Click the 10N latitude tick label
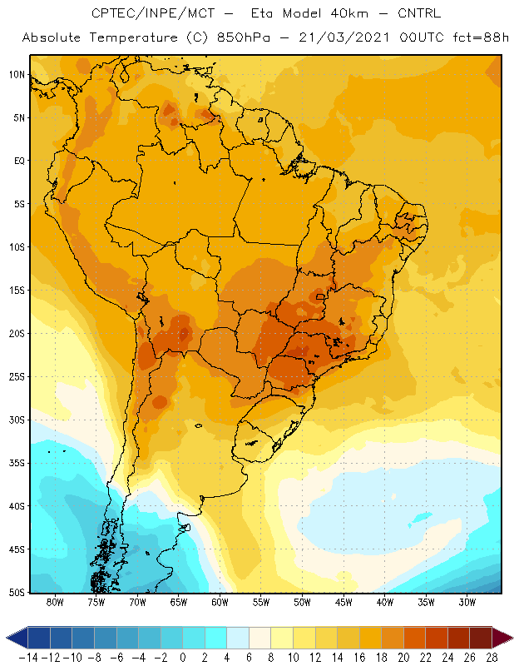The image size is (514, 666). tap(17, 75)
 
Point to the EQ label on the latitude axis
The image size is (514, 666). tap(19, 161)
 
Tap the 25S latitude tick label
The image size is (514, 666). tap(17, 377)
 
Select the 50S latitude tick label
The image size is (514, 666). tap(17, 593)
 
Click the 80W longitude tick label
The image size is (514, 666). tap(55, 602)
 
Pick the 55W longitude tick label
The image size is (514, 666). tap(261, 602)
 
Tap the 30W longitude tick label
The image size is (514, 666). tap(467, 602)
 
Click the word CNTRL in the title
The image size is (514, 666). tap(419, 13)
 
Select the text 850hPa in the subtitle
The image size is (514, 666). tap(243, 37)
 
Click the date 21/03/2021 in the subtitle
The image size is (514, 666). tap(344, 37)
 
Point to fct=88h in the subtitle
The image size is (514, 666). tap(481, 37)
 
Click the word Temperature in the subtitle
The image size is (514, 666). tap(133, 37)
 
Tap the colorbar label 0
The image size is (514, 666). tap(183, 658)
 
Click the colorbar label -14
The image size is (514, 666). tap(28, 658)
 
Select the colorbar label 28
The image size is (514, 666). tap(492, 658)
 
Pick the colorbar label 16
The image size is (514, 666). tap(359, 658)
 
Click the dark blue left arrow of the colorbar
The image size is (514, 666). tap(17, 638)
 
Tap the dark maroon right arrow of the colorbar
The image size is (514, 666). tap(503, 638)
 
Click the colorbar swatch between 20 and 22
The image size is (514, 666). tap(415, 638)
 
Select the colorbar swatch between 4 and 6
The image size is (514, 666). tap(238, 638)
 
